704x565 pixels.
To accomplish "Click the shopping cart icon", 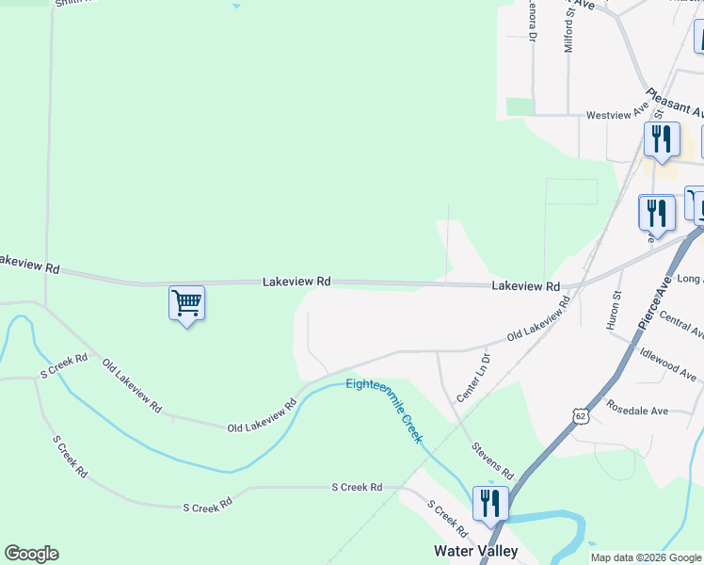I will point(186,303).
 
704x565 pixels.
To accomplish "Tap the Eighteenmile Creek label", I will point(384,410).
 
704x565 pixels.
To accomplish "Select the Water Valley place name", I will point(475,550).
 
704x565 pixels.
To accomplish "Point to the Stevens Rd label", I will point(493,461).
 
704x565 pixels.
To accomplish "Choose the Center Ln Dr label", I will point(472,378).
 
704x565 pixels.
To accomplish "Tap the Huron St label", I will point(617,309).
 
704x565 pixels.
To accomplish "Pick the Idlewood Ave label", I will point(667,363).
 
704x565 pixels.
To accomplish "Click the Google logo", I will point(31,554).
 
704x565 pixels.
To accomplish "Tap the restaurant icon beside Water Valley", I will point(489,504).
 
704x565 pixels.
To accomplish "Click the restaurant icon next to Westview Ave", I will point(662,139).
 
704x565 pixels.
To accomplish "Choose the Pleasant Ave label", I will point(674,104).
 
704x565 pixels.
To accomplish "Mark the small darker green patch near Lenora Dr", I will point(519,106).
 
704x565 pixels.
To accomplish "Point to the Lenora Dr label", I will point(532,21).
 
